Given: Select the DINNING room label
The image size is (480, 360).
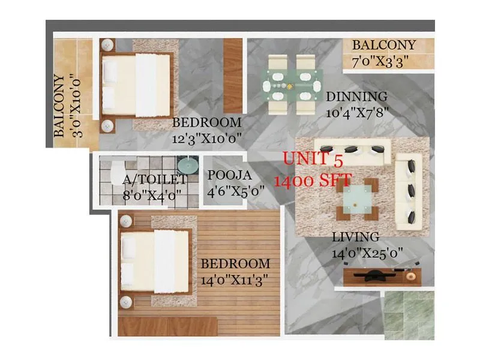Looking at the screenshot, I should pyautogui.click(x=356, y=97).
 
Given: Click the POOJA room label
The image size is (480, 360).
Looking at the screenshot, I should pyautogui.click(x=229, y=176).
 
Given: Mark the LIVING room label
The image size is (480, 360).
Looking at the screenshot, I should pyautogui.click(x=355, y=237).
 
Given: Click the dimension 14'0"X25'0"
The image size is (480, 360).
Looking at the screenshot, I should pyautogui.click(x=367, y=254).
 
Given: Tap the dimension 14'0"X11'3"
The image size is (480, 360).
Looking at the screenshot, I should pyautogui.click(x=234, y=279).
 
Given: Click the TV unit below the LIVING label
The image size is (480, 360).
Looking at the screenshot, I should pyautogui.click(x=382, y=276).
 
